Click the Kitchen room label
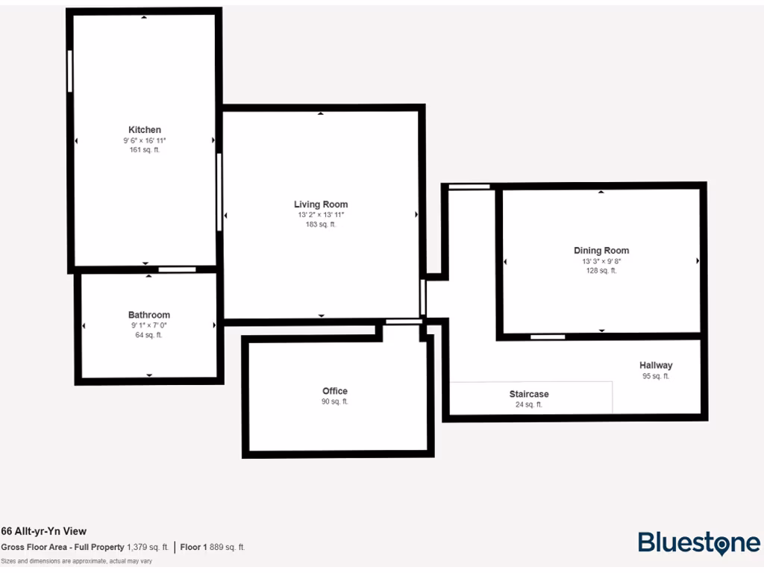(145, 130)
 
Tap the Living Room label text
(321, 204)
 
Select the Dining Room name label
(601, 251)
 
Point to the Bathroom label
(149, 315)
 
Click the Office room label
(335, 391)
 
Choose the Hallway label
(656, 366)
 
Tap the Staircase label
(529, 394)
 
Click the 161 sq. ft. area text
(145, 150)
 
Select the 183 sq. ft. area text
(321, 225)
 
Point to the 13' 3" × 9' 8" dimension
(601, 262)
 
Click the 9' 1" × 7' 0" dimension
(149, 325)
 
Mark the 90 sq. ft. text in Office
(335, 401)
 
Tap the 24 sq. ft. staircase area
(529, 404)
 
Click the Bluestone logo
(698, 543)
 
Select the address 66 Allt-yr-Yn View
(44, 531)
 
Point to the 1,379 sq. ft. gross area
(148, 547)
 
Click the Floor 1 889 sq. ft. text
(213, 547)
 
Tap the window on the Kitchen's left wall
(70, 71)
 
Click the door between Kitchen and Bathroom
(177, 269)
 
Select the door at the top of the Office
(404, 322)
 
